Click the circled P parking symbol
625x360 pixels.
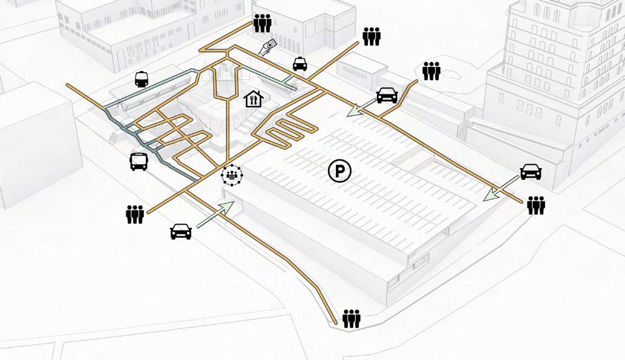[x=339, y=172]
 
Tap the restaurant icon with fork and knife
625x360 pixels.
[x=253, y=99]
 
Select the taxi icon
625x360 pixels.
[x=299, y=64]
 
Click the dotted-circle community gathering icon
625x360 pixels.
[x=231, y=174]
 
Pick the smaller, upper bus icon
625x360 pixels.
[x=141, y=79]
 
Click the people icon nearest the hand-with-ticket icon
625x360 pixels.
[x=262, y=23]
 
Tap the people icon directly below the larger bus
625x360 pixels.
[x=135, y=214]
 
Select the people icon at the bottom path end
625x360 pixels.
[x=352, y=318]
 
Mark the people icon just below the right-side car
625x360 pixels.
[x=536, y=205]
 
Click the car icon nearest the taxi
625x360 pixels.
[x=387, y=95]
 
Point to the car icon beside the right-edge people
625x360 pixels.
[x=531, y=172]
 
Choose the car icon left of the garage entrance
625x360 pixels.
[x=180, y=231]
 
